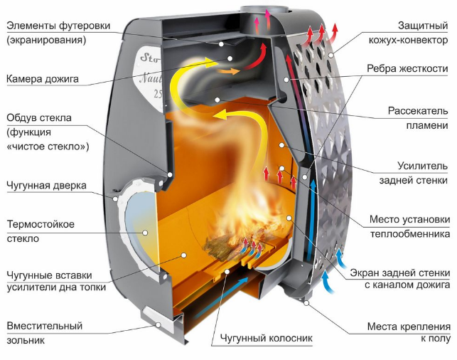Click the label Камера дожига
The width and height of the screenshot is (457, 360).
[x=43, y=79]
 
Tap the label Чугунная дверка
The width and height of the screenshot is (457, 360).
[x=47, y=186]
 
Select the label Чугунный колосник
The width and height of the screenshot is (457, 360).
[x=266, y=338]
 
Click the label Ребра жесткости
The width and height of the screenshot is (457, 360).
[x=407, y=68]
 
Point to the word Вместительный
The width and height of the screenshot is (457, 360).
[x=45, y=326]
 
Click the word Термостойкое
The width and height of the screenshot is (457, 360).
[x=41, y=224]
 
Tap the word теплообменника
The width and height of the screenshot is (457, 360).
[x=410, y=234]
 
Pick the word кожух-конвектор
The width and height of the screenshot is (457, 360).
[x=408, y=40]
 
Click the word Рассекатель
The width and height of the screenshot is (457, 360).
[x=418, y=111]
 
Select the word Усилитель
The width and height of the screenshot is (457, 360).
[x=423, y=166]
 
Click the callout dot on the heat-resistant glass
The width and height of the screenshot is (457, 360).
[x=145, y=233]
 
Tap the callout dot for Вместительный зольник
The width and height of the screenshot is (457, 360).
[x=158, y=324]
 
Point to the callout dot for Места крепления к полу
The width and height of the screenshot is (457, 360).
[x=306, y=303]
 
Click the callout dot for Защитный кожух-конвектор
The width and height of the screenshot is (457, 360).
[x=330, y=55]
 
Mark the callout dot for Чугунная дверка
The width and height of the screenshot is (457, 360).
[x=115, y=199]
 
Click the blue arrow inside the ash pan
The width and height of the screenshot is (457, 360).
[x=222, y=297]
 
